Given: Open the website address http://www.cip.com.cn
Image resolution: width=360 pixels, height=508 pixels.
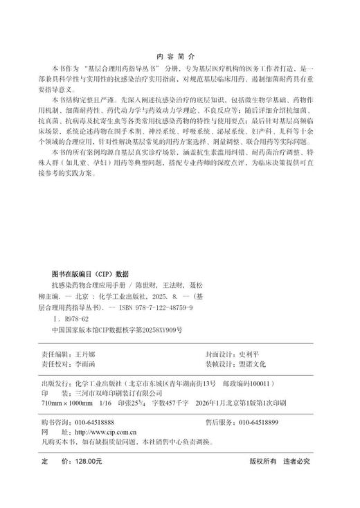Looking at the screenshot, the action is pyautogui.click(x=107, y=432).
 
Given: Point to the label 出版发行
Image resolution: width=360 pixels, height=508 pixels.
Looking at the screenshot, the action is pyautogui.click(x=56, y=382).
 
